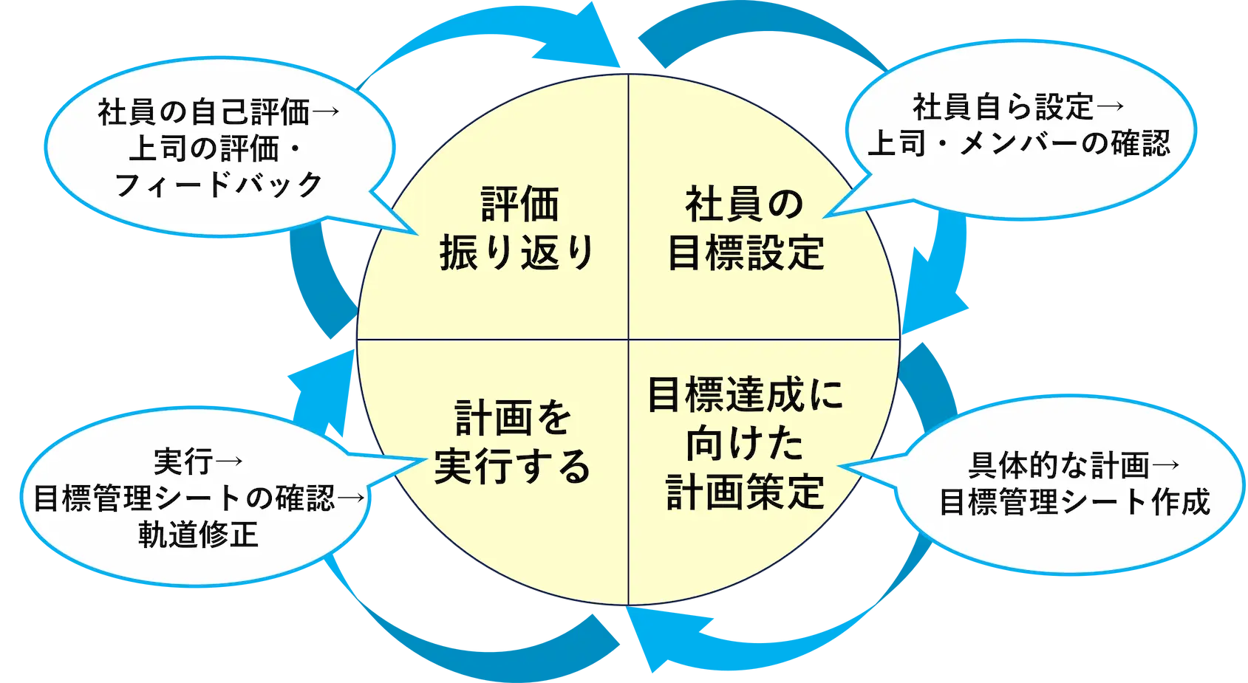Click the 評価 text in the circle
click(x=519, y=204)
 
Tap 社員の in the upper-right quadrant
click(x=744, y=204)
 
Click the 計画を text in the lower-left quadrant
click(x=513, y=418)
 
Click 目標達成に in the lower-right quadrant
click(x=746, y=395)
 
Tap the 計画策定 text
click(x=746, y=492)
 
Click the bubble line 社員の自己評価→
click(x=218, y=113)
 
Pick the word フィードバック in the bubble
click(x=219, y=185)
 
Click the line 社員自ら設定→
click(x=1019, y=108)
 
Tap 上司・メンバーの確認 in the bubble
click(x=1019, y=143)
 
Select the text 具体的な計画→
click(x=1074, y=466)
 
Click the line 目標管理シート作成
click(x=1074, y=502)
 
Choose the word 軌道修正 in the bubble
click(x=198, y=534)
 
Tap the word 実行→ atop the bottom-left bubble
click(x=198, y=462)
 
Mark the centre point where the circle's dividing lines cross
click(x=628, y=340)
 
